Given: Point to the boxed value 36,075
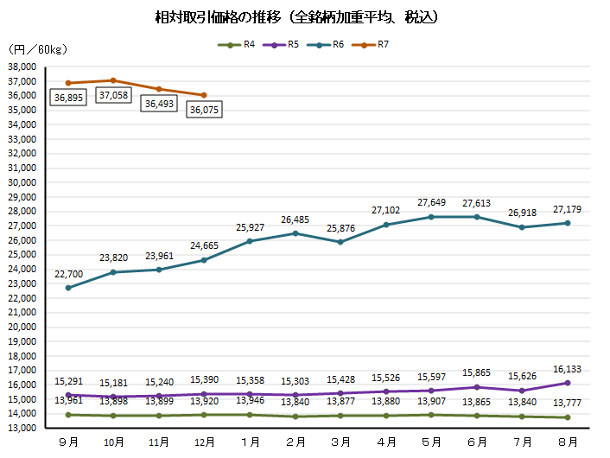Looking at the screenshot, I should tap(205, 110).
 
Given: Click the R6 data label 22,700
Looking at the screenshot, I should tap(68, 274).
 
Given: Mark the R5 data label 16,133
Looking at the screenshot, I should tap(567, 369).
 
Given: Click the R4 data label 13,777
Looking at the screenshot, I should tap(567, 404).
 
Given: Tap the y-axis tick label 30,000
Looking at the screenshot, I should tap(20, 182).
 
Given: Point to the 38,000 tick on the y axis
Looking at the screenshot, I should tap(20, 67).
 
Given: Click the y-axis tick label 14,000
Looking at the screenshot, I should tap(20, 414).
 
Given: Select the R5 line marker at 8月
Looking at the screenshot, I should tap(567, 383).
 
